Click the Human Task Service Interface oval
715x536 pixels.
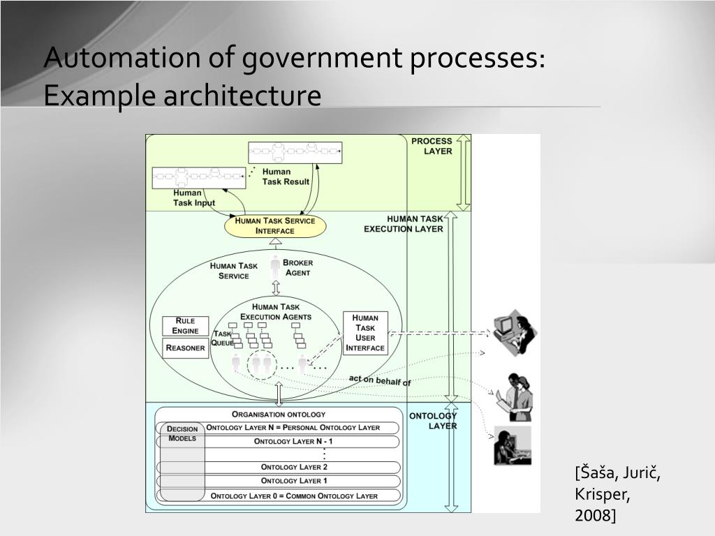[275, 225]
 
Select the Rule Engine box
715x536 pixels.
[186, 326]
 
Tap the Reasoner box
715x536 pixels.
[186, 348]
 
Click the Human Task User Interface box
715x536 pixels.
[365, 333]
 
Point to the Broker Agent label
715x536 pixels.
[298, 267]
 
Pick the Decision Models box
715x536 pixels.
[182, 433]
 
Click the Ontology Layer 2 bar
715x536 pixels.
[294, 467]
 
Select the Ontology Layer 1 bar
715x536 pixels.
[294, 481]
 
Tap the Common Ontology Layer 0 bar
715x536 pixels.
[294, 496]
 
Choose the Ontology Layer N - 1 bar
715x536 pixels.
[293, 441]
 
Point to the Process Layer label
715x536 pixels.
[432, 146]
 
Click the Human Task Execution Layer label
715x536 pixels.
[405, 223]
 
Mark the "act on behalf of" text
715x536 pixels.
[380, 380]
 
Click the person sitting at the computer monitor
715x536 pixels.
[513, 329]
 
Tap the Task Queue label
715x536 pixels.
[223, 338]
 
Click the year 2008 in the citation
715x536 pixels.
[594, 515]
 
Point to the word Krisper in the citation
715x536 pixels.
[603, 494]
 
